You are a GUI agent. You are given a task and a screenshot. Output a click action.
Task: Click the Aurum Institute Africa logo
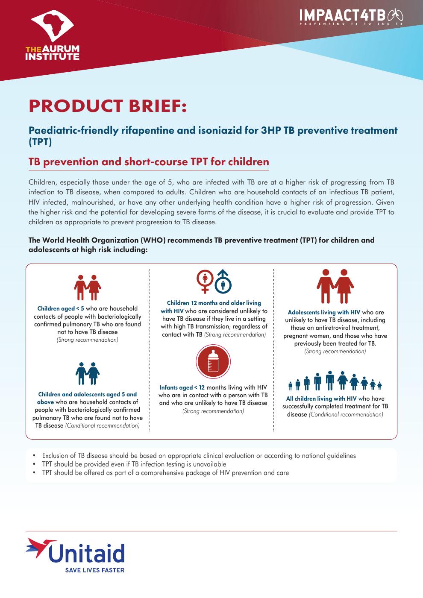point(52,26)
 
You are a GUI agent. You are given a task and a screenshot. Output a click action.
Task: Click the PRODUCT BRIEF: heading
point(108,106)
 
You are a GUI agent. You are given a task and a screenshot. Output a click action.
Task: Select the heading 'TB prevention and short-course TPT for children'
point(149,162)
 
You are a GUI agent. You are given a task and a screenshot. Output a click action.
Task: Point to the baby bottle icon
point(213,361)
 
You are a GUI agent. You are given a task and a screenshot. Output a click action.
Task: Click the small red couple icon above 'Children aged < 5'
point(87,287)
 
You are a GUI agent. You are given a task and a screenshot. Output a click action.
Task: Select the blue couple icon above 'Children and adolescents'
point(87,373)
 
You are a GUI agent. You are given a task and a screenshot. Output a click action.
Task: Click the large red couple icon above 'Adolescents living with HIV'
point(335,286)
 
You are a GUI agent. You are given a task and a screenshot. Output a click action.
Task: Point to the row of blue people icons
point(335,381)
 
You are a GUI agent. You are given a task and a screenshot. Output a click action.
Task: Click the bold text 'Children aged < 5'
point(61,308)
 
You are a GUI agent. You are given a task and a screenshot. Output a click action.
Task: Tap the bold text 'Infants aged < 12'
point(182,387)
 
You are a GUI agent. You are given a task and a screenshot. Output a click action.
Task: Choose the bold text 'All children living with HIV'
point(321,399)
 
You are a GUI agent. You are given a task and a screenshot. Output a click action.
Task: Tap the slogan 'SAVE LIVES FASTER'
point(95,570)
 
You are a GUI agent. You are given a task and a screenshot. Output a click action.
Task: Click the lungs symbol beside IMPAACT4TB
point(395,15)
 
